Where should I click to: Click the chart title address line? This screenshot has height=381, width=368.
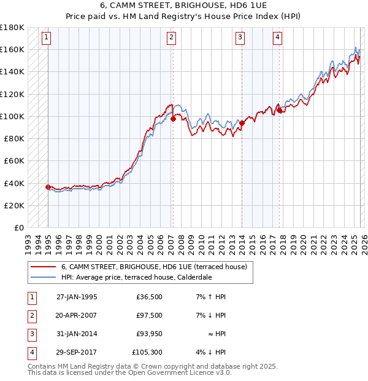point(183,5)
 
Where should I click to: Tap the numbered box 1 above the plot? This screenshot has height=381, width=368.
point(47,38)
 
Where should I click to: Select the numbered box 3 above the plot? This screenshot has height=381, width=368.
point(240,38)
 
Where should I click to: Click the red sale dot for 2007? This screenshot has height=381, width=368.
point(173,119)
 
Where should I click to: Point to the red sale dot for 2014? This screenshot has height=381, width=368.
point(242,123)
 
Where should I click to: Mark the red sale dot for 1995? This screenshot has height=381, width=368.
point(48,187)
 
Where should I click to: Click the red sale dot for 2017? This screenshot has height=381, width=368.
point(279,111)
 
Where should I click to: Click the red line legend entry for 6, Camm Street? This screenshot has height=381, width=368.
point(153,267)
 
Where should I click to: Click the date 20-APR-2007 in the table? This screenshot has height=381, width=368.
point(77,315)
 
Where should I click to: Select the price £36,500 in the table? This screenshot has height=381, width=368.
point(149,297)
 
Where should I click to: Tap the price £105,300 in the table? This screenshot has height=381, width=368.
point(148,352)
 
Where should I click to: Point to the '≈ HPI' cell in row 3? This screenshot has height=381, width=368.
point(217,334)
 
